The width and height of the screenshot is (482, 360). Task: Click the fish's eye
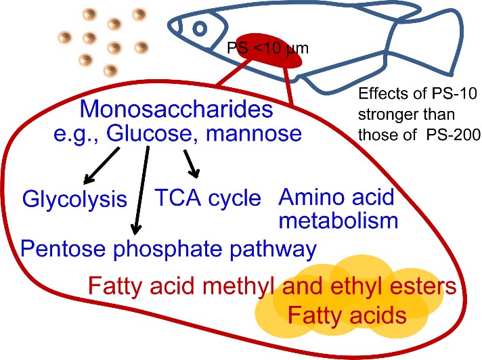(x=200, y=28)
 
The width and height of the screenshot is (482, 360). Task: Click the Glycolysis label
(x=75, y=198)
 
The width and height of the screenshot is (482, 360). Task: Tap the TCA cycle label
(x=208, y=197)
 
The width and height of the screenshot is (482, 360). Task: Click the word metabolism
(x=338, y=221)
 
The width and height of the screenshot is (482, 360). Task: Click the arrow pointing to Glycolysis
(x=102, y=162)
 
